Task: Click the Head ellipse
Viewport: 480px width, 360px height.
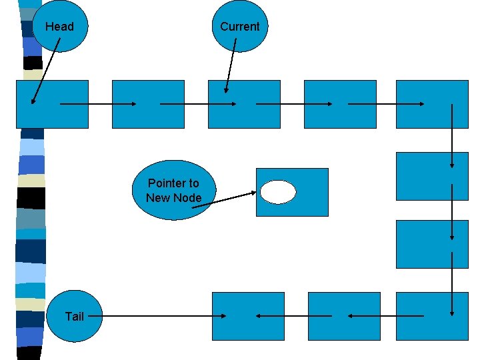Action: coord(60,27)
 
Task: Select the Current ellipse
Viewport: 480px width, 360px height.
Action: coord(239,27)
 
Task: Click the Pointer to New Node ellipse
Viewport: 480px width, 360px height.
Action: coord(173,190)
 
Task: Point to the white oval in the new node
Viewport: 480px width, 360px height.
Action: coord(278,192)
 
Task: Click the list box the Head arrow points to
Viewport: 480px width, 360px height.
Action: coord(52,104)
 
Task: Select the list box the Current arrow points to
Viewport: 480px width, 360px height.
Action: coord(244,104)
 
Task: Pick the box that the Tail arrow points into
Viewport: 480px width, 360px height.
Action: coord(248,316)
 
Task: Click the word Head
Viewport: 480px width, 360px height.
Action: coord(59,27)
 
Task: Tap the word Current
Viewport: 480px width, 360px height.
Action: coord(239,27)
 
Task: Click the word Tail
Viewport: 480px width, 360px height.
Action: coord(75,316)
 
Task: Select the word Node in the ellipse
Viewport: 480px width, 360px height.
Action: coord(187,197)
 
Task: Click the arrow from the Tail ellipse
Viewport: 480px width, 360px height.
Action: coord(160,316)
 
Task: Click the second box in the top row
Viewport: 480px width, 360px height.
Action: coord(148,104)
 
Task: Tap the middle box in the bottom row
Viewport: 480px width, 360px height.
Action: coord(340,316)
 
